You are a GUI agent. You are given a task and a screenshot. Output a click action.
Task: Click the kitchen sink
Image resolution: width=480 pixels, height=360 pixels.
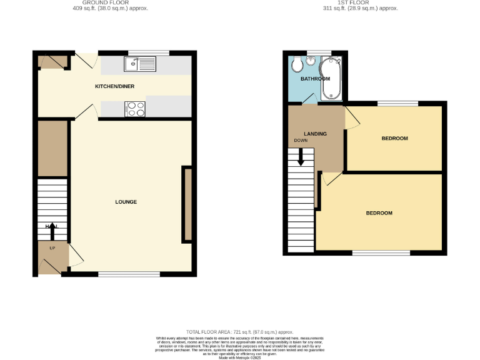140,63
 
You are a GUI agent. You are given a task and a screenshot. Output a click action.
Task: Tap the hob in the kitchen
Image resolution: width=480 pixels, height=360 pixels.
135,109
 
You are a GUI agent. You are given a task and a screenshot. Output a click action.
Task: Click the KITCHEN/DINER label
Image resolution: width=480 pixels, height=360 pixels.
114,86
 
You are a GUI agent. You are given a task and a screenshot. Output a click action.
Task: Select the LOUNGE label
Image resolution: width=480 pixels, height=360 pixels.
126,202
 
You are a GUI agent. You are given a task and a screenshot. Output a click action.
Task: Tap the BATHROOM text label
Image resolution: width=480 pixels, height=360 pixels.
315,79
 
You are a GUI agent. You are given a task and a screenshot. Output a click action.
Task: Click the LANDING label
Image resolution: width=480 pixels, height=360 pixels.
315,134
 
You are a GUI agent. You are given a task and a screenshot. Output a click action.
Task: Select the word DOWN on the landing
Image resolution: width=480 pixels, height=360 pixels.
301,141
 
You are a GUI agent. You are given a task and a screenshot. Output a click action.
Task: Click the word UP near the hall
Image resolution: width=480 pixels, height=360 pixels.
52,248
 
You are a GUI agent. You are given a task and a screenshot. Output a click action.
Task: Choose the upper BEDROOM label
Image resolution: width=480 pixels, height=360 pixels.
394,138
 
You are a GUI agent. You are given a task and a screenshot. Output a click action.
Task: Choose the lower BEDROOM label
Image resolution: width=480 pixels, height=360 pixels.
379,213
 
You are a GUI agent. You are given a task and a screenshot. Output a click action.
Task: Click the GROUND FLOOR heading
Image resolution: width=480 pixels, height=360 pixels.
106,2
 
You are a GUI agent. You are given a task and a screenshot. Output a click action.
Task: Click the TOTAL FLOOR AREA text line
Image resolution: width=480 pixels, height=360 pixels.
239,332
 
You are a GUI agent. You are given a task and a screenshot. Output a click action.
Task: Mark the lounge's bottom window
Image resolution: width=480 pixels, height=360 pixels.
129,274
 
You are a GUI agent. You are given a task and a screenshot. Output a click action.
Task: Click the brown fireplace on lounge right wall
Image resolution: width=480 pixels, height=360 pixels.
186,204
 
